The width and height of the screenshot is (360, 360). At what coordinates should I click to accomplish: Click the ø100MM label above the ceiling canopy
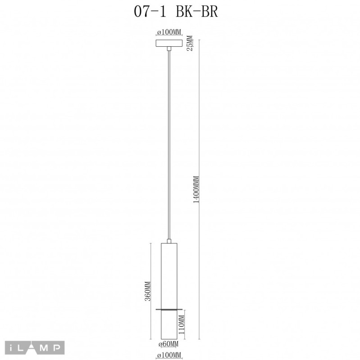(x=169, y=33)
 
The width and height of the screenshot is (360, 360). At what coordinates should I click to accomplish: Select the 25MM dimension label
(x=190, y=43)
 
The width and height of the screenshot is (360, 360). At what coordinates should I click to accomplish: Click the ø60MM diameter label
(x=169, y=344)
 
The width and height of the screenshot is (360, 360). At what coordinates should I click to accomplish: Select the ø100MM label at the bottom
(x=169, y=356)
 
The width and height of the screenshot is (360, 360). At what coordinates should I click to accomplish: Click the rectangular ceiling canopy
(x=169, y=43)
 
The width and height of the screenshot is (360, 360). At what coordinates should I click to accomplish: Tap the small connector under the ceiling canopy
(x=169, y=49)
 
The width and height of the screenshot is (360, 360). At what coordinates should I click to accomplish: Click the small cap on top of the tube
(x=169, y=242)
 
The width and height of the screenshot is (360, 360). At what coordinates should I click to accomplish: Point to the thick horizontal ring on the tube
(x=169, y=309)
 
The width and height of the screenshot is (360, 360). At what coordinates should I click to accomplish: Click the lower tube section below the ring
(x=169, y=325)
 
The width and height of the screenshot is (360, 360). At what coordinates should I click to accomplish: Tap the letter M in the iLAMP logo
(x=46, y=347)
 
